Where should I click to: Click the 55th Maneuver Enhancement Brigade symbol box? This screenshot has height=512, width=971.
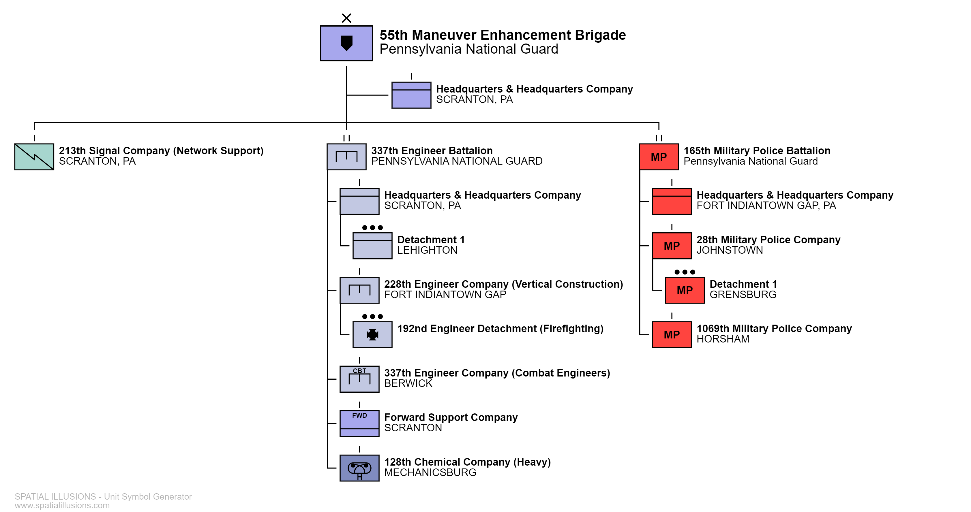(x=346, y=43)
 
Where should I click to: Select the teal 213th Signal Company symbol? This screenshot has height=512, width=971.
(x=34, y=157)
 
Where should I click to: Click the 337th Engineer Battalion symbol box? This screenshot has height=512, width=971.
(x=346, y=157)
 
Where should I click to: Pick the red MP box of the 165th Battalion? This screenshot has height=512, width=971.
(x=659, y=157)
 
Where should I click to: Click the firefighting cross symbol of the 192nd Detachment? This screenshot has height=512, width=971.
(x=372, y=334)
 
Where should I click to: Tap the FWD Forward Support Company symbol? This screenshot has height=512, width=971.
(x=359, y=423)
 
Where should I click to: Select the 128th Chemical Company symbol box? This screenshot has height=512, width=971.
(x=359, y=468)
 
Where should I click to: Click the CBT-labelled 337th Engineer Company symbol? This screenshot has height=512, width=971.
(x=359, y=379)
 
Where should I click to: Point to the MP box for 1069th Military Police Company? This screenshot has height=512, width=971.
(x=672, y=334)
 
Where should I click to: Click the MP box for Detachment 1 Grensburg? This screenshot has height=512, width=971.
(x=685, y=290)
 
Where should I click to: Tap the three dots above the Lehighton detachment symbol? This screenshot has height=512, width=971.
(x=372, y=227)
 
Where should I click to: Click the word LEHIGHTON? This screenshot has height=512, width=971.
(x=427, y=250)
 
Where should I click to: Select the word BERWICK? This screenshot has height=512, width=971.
(x=408, y=383)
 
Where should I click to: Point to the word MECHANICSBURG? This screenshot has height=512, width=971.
(x=430, y=473)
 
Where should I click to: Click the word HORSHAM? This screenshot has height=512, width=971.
(x=723, y=339)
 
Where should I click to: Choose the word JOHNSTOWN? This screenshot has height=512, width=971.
(x=729, y=250)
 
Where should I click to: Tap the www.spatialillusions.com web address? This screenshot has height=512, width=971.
(x=62, y=505)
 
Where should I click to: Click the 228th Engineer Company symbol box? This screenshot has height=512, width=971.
(x=359, y=290)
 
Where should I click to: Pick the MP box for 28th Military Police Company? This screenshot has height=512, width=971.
(x=672, y=246)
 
